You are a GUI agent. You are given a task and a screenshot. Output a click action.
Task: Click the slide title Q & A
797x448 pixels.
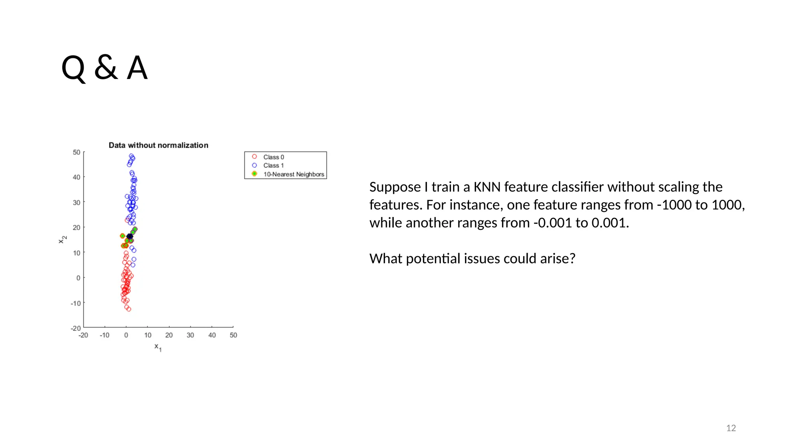[x=104, y=68]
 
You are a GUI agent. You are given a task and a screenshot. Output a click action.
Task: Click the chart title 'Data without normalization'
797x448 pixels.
[x=158, y=145]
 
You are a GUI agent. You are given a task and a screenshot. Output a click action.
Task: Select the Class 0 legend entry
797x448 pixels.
[x=274, y=157]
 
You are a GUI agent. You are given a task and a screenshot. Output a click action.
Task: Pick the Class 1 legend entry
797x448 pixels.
[x=274, y=166]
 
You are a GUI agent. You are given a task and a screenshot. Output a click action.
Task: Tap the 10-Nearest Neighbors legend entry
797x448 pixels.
[x=293, y=174]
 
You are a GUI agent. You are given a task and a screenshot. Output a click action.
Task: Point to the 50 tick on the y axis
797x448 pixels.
[x=77, y=152]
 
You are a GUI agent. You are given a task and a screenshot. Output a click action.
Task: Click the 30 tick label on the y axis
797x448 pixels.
[x=77, y=203]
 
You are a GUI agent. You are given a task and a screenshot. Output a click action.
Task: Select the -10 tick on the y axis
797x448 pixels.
[x=75, y=303]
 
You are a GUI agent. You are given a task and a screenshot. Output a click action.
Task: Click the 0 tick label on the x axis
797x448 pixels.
[x=126, y=335]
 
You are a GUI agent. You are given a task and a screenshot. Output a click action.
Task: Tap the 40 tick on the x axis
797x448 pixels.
[x=212, y=335]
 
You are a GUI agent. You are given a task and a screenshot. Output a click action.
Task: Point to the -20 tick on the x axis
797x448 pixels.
[x=83, y=335]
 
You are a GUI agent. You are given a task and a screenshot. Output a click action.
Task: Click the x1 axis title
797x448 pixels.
[x=158, y=347]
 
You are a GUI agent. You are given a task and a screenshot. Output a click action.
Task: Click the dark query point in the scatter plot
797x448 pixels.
[x=130, y=236]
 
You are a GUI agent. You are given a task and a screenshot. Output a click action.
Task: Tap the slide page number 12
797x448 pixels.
[x=731, y=428]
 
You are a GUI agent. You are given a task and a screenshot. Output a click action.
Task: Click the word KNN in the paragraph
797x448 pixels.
[x=486, y=187]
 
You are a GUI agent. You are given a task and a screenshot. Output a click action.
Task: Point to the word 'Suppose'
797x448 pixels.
[x=395, y=187]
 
